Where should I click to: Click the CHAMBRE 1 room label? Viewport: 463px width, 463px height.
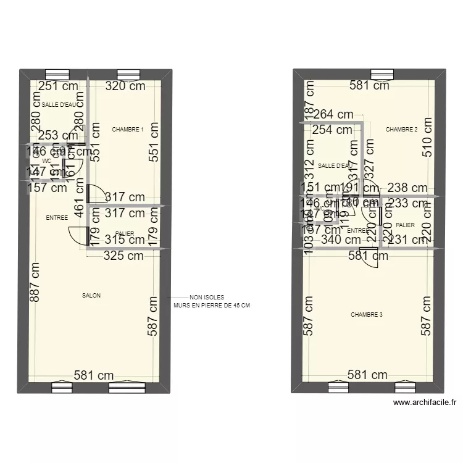(128, 130)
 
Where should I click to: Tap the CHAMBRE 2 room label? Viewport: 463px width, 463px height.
(402, 130)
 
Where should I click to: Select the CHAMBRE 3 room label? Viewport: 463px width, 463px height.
(367, 315)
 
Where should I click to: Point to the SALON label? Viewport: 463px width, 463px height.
(91, 296)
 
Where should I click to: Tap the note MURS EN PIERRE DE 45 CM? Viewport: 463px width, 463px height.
(212, 305)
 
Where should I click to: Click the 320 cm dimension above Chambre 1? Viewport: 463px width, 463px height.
(125, 86)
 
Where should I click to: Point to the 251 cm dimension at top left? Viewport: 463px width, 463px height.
(57, 86)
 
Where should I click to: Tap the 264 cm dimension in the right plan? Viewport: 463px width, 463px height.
(333, 114)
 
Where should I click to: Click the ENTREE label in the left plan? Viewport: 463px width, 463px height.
(57, 218)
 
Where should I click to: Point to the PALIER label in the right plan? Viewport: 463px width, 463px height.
(406, 225)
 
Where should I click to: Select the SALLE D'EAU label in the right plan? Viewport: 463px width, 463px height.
(335, 165)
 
